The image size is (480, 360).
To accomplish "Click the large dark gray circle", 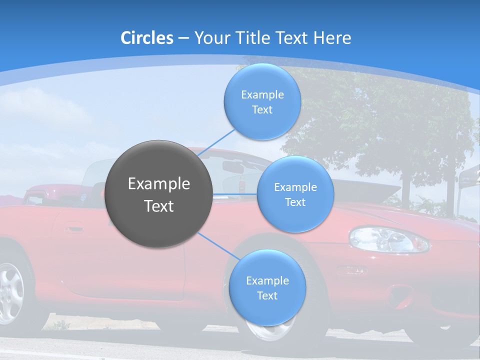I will coord(158,194).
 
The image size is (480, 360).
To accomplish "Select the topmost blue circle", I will coord(262,101).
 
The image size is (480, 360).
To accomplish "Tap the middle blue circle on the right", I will coord(295,194).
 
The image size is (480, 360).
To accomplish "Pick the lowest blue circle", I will coord(267,287).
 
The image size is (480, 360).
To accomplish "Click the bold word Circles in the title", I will coord(147,38).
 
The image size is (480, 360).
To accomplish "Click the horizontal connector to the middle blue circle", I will coord(234,194).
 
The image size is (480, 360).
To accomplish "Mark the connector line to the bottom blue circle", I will coord(217,245).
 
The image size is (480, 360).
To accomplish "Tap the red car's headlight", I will coord(388,239).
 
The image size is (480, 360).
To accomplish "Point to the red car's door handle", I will coord(73,229).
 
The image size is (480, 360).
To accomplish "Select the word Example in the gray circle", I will coord(158,184).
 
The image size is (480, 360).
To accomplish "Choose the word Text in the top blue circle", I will coord(262,110).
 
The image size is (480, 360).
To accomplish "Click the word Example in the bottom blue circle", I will coord(267,280).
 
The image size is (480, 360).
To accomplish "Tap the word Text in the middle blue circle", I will coord(295,202).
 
